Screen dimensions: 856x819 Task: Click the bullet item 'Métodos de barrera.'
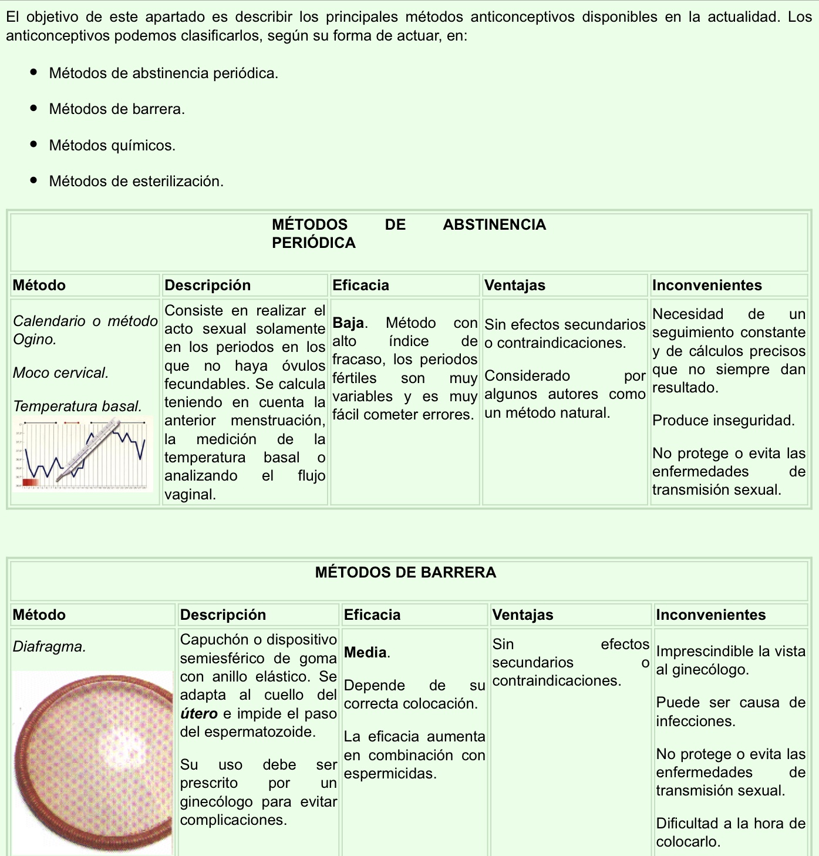tap(117, 109)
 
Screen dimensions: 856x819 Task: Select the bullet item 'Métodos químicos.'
tap(112, 146)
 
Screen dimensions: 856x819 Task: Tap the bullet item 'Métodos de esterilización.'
tap(136, 182)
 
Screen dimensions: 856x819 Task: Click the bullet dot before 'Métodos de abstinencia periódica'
tap(34, 73)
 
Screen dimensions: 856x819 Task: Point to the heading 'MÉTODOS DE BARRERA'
tap(406, 572)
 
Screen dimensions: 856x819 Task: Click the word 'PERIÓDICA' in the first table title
tap(314, 243)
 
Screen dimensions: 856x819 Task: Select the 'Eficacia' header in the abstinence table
tap(360, 286)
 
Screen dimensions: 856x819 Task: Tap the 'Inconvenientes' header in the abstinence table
tap(707, 286)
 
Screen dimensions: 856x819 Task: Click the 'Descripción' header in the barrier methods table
tap(223, 615)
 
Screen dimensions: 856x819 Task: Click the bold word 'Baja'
tap(348, 323)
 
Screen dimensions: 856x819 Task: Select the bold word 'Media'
tap(365, 653)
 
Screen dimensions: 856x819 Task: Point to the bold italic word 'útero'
tap(198, 714)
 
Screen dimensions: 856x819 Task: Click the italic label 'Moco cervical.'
tap(60, 373)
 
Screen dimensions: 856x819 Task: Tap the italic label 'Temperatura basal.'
tap(77, 407)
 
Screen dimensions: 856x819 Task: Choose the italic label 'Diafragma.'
tap(49, 647)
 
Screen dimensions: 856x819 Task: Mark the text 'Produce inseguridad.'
tap(723, 421)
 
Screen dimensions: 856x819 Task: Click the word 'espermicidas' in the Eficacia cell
tap(389, 774)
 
